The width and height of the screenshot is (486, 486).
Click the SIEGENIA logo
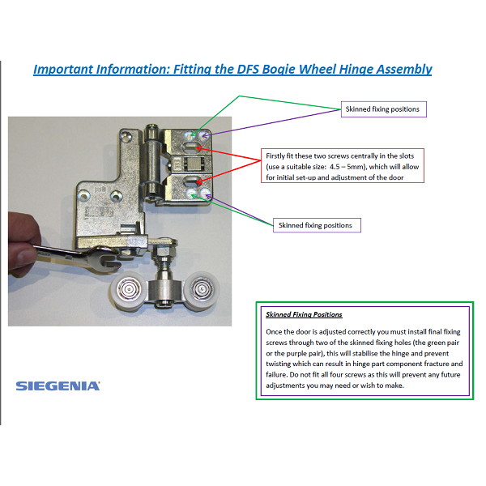tap(58, 386)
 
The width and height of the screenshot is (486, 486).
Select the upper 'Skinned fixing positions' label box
tap(382, 109)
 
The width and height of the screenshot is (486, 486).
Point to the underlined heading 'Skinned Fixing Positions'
tap(304, 314)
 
